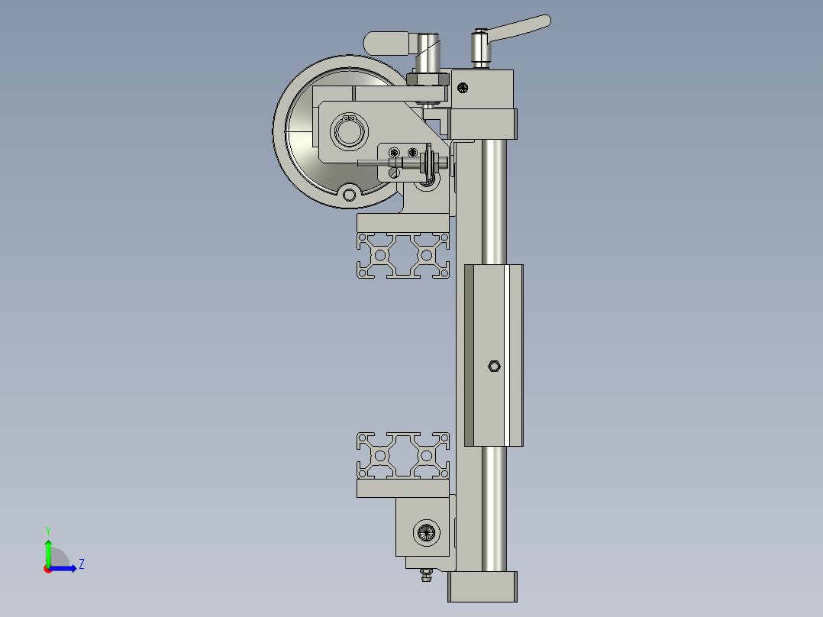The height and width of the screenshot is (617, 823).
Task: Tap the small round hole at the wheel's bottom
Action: [349, 195]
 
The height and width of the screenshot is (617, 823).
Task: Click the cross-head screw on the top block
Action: [463, 89]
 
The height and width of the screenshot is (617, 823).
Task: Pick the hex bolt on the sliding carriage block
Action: [493, 367]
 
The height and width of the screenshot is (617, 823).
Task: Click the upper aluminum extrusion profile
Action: [402, 255]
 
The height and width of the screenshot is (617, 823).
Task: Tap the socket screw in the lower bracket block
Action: [425, 532]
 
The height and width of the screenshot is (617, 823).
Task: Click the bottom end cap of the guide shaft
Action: [483, 586]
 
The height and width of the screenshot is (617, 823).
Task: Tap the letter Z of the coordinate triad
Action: [81, 564]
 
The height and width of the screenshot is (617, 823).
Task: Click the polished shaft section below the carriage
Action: [493, 504]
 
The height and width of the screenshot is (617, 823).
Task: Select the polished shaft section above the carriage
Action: [493, 199]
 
